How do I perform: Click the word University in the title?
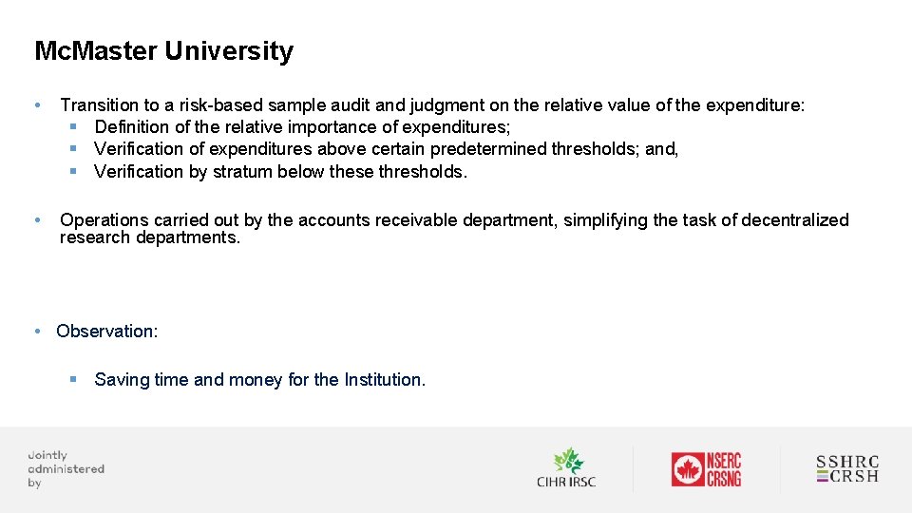coord(229,50)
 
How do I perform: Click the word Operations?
coord(105,220)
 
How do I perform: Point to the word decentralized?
coord(795,220)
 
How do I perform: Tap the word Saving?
coord(122,380)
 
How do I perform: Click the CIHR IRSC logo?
coord(566,468)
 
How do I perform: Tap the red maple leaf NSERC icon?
coord(687,469)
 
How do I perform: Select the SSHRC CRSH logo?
coord(847,469)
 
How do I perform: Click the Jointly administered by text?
coord(66,469)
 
